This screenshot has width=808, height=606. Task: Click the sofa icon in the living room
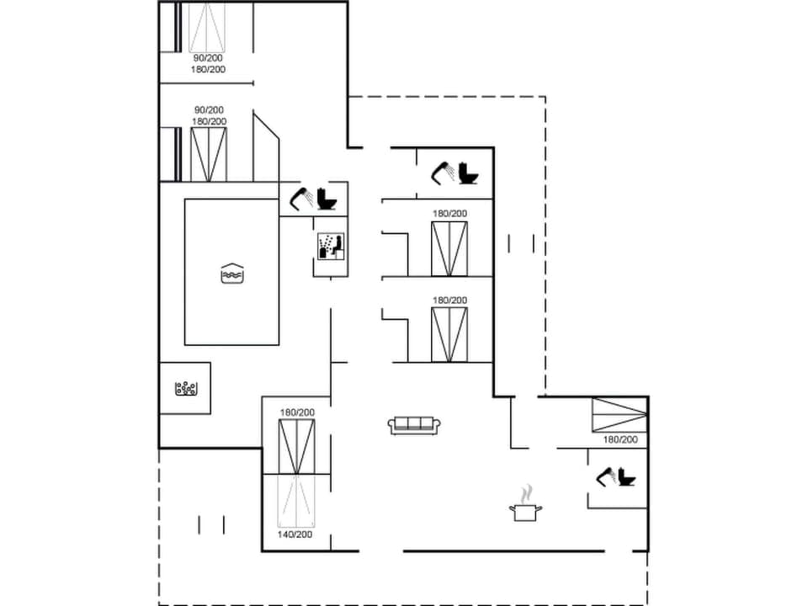pos(413,424)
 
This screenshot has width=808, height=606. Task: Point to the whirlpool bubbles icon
pos(185,388)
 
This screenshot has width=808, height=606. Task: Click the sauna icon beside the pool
pos(329,246)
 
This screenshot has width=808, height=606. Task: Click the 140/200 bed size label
pos(295,534)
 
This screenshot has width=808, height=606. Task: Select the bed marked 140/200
pos(295,501)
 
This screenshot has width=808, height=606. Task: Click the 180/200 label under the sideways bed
pos(620,439)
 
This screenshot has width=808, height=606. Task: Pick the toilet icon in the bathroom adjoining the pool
pos(327,199)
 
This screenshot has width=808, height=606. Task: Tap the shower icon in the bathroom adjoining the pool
pos(301,199)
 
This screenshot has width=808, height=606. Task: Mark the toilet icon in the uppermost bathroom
pos(468,173)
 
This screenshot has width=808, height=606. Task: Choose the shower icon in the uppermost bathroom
pos(444,172)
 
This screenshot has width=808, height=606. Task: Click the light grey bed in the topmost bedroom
pos(207,28)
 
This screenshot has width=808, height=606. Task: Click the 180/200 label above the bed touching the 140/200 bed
pos(296,412)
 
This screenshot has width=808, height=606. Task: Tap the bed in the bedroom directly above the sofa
pos(449,334)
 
